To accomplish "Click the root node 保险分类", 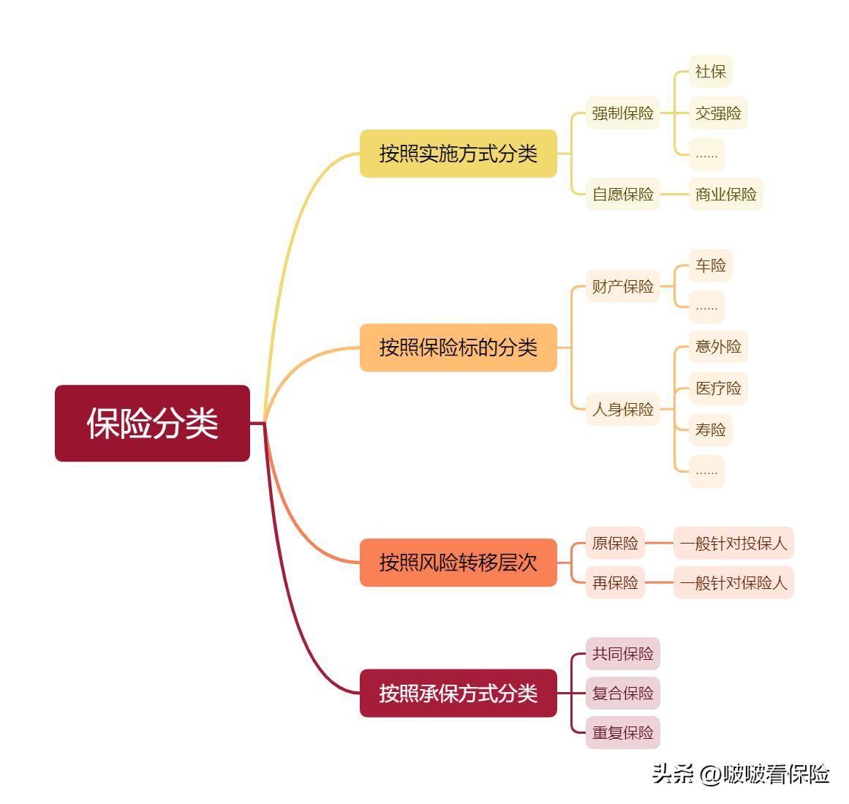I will tap(152, 423).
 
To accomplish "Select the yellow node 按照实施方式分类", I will tap(458, 154).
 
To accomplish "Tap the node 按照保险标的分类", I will tap(458, 347).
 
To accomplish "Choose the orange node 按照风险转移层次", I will tap(458, 563).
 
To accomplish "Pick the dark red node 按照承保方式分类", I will tap(458, 693).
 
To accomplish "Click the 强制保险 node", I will tap(622, 113).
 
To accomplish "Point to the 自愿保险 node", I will tap(622, 194).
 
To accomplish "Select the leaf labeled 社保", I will tap(710, 72).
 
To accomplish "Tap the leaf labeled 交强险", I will tap(718, 113).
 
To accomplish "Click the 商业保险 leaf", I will tap(725, 194).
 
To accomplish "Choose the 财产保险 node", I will tap(622, 286).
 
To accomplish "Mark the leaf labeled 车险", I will tap(710, 265).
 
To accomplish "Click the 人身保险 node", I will tap(622, 409).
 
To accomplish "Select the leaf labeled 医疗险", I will tap(718, 388).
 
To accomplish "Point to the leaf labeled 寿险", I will tap(710, 429).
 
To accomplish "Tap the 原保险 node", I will tap(615, 543).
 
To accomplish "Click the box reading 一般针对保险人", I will tap(733, 583).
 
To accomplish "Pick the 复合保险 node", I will tap(622, 693).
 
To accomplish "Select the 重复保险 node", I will tap(622, 732).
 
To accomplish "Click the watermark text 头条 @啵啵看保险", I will tap(740, 774).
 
